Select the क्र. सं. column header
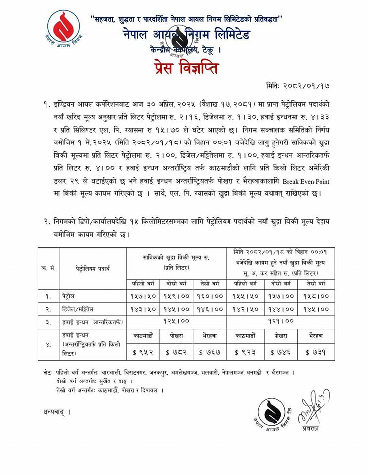48,269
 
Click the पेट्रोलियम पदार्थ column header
92,269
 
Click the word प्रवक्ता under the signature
311,428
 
